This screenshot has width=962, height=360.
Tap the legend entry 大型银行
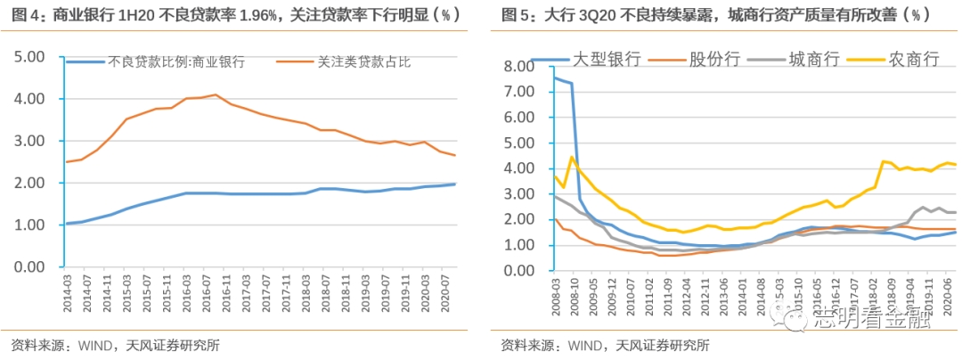tap(607, 59)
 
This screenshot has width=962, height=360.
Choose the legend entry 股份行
tap(712, 59)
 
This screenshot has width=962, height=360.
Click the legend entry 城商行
tap(812, 59)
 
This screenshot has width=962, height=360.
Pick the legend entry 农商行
tap(914, 59)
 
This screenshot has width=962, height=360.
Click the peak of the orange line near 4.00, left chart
tap(215, 94)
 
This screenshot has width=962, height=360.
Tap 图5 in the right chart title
tap(514, 15)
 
